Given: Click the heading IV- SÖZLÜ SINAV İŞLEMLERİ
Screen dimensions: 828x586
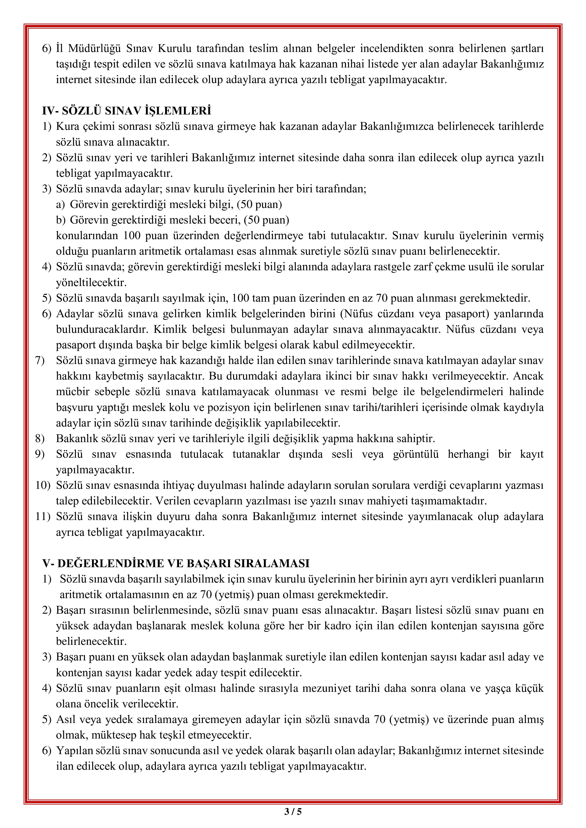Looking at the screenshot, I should click(x=126, y=111).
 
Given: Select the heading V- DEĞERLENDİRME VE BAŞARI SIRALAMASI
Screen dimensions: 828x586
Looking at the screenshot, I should click(x=176, y=563).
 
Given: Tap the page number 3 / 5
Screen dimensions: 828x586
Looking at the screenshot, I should click(x=293, y=812).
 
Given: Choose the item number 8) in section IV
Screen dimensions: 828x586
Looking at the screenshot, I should click(x=40, y=439).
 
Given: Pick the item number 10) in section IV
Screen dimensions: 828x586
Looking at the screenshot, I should click(x=43, y=486).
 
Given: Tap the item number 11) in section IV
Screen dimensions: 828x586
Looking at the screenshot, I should click(x=43, y=516).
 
